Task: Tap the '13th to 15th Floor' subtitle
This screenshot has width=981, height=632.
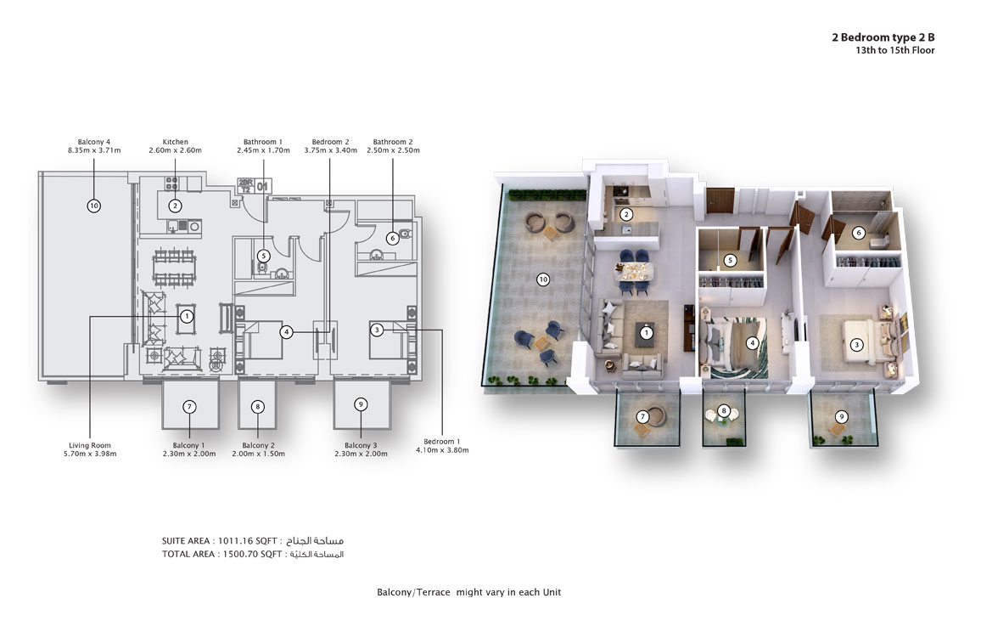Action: pyautogui.click(x=894, y=51)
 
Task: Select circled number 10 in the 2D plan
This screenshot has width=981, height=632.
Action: pyautogui.click(x=93, y=205)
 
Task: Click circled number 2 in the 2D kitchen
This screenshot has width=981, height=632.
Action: pyautogui.click(x=175, y=205)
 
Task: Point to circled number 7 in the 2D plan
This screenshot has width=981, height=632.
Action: pyautogui.click(x=189, y=406)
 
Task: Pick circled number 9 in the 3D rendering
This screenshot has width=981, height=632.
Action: pyautogui.click(x=841, y=416)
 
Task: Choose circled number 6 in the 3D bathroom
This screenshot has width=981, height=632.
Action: pyautogui.click(x=858, y=233)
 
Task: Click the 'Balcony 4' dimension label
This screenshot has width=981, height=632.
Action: pyautogui.click(x=93, y=146)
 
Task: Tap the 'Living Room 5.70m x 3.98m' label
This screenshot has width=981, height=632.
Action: pyautogui.click(x=90, y=449)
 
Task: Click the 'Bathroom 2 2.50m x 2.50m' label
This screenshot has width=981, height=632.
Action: pyautogui.click(x=392, y=146)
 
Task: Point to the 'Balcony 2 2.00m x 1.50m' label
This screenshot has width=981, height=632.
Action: pyautogui.click(x=258, y=449)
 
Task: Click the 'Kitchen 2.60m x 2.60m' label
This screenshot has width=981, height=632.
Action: pyautogui.click(x=175, y=146)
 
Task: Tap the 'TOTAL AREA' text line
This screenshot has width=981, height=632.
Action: pyautogui.click(x=222, y=554)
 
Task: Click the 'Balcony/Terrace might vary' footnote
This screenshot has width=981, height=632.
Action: pyautogui.click(x=468, y=592)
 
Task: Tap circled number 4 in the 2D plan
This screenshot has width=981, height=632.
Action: pyautogui.click(x=287, y=332)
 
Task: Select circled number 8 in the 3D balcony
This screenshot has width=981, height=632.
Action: pyautogui.click(x=724, y=411)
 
